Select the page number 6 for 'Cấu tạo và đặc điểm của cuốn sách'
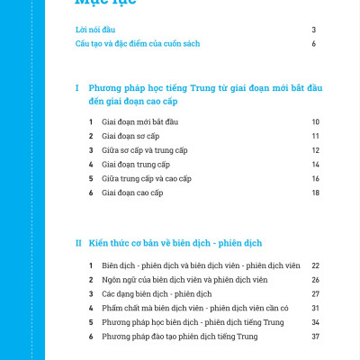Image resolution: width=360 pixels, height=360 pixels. [x=313, y=43]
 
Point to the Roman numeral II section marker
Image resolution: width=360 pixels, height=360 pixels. [x=78, y=243]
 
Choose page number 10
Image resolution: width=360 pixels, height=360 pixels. [x=316, y=121]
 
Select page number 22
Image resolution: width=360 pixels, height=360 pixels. [x=316, y=265]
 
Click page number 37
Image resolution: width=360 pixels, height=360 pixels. [x=316, y=336]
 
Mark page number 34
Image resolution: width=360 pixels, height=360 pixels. [x=316, y=322]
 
